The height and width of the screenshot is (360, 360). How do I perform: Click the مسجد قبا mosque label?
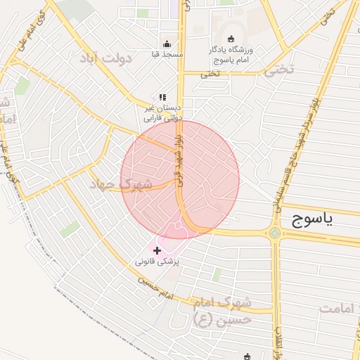[x=167, y=54]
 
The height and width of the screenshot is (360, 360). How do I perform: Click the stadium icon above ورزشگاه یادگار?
[x=233, y=38]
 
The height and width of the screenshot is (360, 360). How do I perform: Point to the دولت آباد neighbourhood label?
[x=106, y=56]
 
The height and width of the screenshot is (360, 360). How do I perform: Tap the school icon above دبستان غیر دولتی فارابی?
[x=162, y=97]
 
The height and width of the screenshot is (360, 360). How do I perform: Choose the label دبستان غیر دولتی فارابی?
[x=162, y=113]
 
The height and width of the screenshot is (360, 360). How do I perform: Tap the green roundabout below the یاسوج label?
[x=274, y=233]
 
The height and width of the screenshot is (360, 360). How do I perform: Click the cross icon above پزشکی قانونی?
[x=156, y=250]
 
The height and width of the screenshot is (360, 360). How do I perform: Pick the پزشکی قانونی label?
[x=157, y=262]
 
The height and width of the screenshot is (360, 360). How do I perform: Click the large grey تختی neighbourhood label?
[x=278, y=69]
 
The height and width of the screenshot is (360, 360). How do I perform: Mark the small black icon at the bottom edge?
[x=247, y=356]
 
